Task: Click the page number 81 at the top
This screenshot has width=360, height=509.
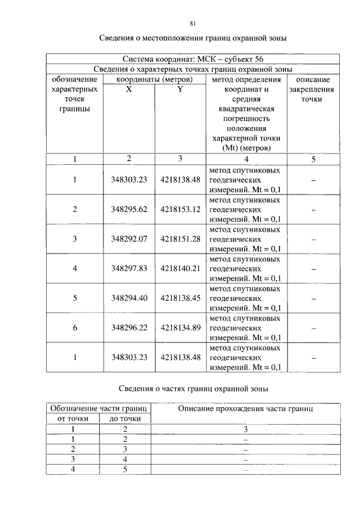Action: click(x=192, y=23)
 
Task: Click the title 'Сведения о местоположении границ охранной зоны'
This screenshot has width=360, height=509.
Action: click(x=193, y=39)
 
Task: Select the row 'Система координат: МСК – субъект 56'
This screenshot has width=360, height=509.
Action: click(x=192, y=59)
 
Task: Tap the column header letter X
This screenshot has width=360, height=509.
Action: click(x=129, y=89)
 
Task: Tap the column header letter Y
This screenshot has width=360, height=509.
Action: click(x=180, y=89)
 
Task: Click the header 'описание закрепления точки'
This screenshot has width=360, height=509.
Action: click(x=313, y=89)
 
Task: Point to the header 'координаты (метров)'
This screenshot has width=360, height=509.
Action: click(x=154, y=80)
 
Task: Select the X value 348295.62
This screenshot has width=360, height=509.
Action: click(x=129, y=209)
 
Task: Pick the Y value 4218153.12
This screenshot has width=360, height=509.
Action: click(x=180, y=209)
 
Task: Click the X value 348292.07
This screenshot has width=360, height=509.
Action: click(x=129, y=239)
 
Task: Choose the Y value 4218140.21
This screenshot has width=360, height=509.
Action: click(x=180, y=268)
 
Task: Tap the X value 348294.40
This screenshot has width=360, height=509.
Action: click(x=129, y=298)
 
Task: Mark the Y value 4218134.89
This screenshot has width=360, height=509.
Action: click(x=180, y=327)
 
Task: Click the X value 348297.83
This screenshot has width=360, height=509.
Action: click(x=129, y=268)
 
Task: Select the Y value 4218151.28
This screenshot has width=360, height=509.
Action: click(x=180, y=239)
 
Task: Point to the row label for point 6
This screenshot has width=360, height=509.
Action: click(x=74, y=327)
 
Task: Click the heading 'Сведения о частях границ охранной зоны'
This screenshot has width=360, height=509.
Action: click(x=193, y=389)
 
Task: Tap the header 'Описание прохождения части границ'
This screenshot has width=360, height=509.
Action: click(x=245, y=409)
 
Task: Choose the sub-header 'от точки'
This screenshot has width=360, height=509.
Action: click(x=72, y=419)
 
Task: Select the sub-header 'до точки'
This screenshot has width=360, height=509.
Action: click(x=125, y=419)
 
